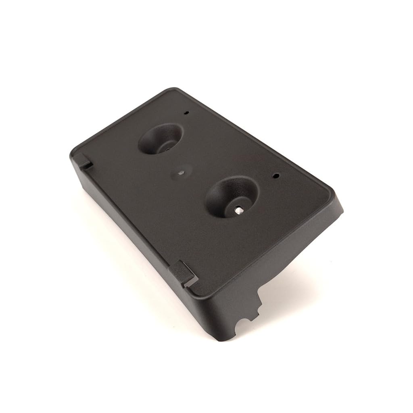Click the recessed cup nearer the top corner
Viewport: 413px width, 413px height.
pyautogui.click(x=161, y=139)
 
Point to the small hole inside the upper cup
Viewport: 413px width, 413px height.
pyautogui.click(x=166, y=149)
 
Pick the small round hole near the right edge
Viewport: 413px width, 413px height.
pyautogui.click(x=277, y=176)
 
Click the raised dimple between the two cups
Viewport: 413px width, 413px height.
pyautogui.click(x=180, y=173)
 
